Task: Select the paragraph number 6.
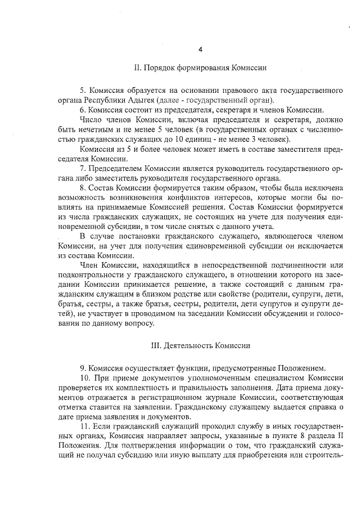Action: pos(83,110)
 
